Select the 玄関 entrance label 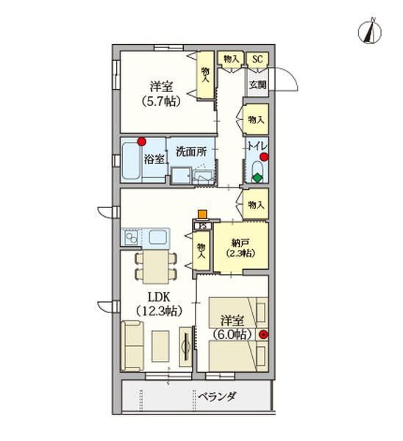[257, 85]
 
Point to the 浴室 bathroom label [154, 159]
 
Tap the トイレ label [258, 146]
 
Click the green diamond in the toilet [257, 176]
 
